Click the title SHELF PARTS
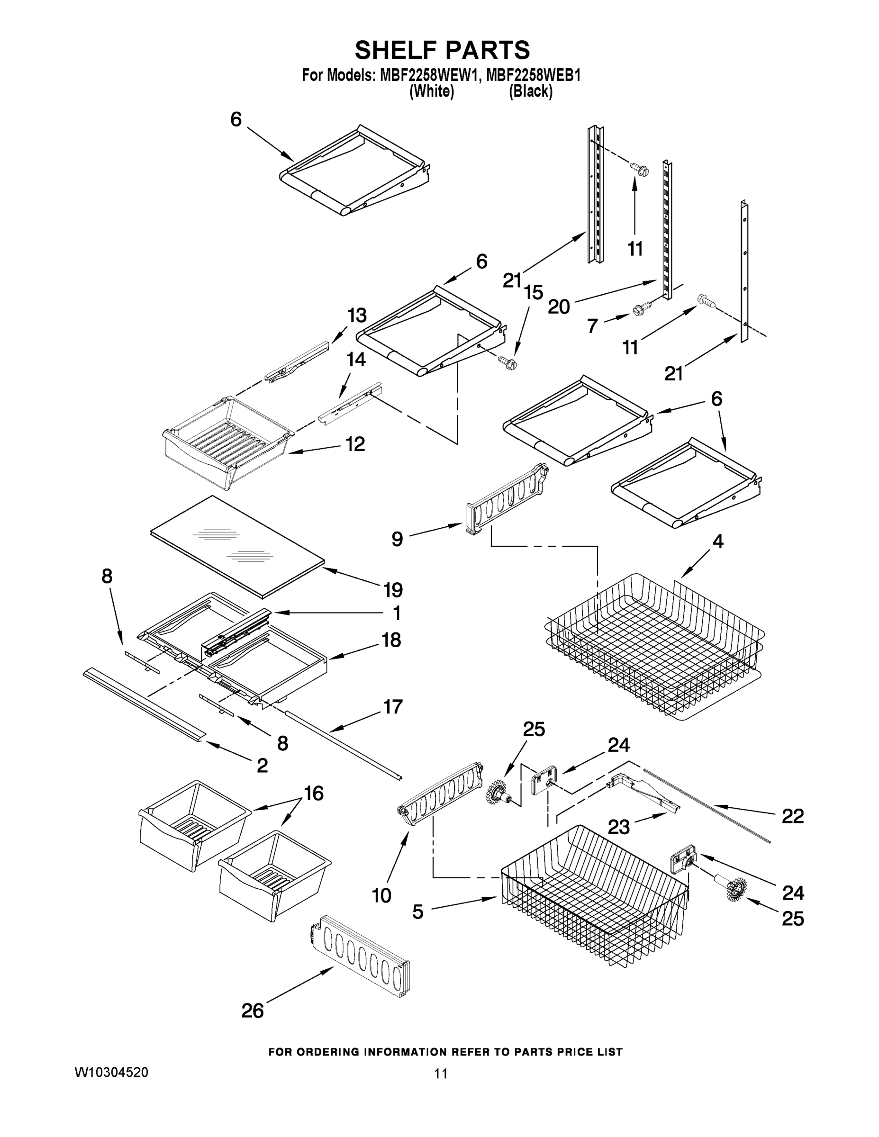click(442, 51)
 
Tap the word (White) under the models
click(432, 91)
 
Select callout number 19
click(393, 590)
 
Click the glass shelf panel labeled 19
click(237, 544)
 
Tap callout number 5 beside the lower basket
click(417, 911)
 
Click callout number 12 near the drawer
click(355, 444)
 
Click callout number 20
click(559, 307)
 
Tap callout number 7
click(592, 326)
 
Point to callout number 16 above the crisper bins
click(314, 793)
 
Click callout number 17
click(393, 706)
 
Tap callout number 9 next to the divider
click(397, 538)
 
